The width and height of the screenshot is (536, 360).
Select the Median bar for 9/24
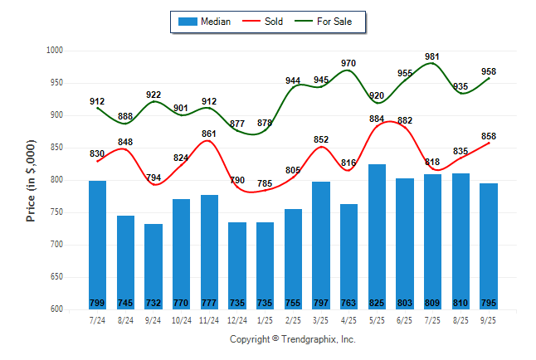(x=153, y=265)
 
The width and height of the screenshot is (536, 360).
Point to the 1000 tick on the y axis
(x=55, y=51)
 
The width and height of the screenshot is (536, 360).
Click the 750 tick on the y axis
(x=56, y=212)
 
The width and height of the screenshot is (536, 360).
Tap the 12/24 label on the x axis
(x=236, y=319)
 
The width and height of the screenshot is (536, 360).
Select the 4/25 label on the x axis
(x=348, y=319)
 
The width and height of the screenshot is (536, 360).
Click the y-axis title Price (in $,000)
(x=31, y=179)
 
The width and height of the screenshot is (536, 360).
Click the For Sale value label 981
(x=432, y=57)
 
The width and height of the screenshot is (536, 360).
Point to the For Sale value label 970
(x=348, y=64)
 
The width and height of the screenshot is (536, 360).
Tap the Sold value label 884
(x=377, y=119)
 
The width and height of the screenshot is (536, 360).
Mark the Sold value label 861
(x=209, y=134)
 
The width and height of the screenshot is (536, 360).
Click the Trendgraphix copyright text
(x=292, y=340)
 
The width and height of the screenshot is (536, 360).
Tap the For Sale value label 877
(x=236, y=124)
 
